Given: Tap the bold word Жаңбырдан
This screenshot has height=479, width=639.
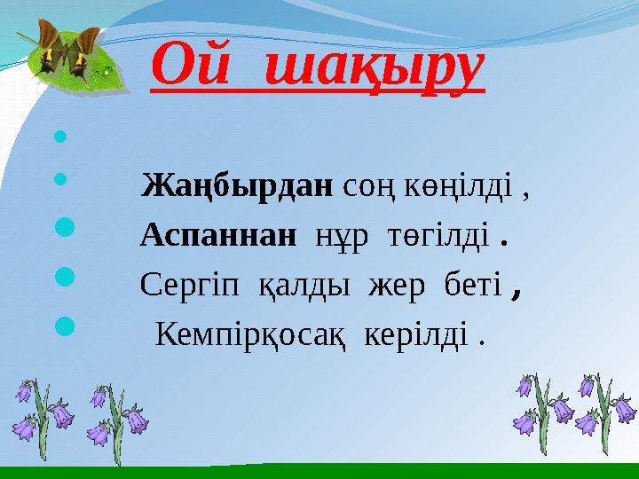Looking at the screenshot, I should (237, 187).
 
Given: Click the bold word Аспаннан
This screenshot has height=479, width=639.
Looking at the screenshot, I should (217, 235).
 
